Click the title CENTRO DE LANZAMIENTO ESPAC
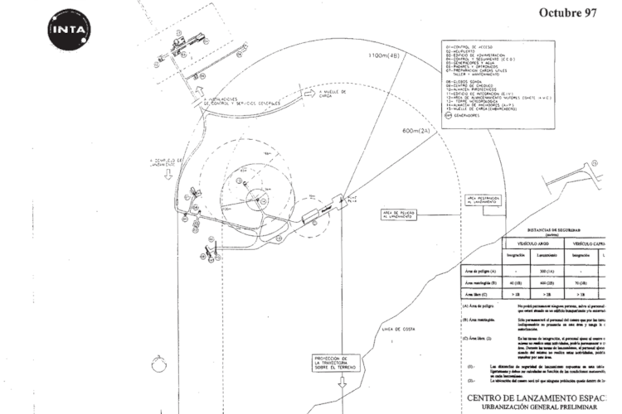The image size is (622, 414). tap(543, 398)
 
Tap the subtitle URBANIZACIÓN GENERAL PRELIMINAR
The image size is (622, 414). tap(543, 409)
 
